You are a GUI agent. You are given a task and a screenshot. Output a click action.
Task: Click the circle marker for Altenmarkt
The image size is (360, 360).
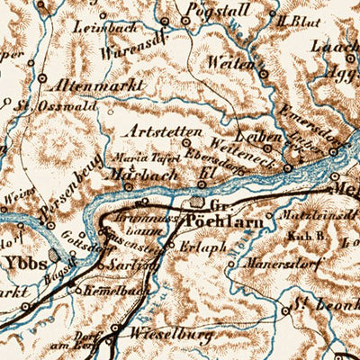tap(42, 78)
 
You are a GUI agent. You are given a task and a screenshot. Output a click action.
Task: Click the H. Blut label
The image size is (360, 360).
tap(293, 18)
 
